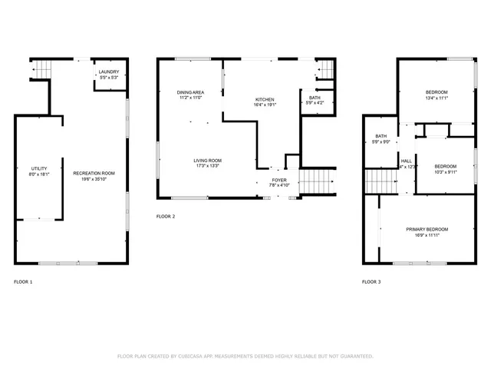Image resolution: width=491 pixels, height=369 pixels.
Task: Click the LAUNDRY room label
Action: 108,71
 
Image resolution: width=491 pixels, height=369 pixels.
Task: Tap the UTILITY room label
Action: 39,168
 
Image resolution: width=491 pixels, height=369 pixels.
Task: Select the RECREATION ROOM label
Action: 94,173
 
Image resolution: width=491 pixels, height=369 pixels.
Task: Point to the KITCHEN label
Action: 265,100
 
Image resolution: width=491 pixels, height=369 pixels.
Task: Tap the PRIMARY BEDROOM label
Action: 427,229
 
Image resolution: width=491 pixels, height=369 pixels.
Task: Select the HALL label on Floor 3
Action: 407,161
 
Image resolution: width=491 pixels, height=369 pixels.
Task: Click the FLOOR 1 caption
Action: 23,282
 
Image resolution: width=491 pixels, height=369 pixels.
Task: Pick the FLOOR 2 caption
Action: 166,217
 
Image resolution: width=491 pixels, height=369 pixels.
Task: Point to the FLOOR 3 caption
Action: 371,282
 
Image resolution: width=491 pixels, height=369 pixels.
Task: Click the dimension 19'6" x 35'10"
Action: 94,179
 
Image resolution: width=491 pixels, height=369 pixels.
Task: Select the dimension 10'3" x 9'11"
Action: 445,173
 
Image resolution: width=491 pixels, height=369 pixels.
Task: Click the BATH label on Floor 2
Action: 315,98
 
